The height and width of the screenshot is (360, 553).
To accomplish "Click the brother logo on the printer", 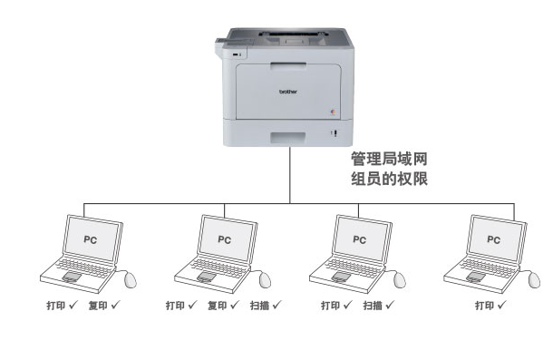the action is click(288, 92).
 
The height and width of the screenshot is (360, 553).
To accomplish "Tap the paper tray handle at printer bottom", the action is click(287, 138).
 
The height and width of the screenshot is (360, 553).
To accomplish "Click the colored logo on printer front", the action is click(333, 112).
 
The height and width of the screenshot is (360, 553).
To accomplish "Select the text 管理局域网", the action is click(389, 159).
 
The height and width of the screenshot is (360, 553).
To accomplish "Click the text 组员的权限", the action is click(389, 179).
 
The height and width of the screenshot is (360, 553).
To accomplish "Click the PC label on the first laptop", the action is click(91, 240).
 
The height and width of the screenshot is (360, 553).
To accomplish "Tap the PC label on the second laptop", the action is click(224, 240).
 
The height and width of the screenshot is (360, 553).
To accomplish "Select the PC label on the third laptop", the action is click(359, 240).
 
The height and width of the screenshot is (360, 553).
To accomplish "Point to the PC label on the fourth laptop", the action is click(493, 240).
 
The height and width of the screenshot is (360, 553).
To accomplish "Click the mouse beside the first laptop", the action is click(131, 280).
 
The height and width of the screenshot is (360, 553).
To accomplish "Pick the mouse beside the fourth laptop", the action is click(534, 280).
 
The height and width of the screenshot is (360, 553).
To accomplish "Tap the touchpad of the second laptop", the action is click(206, 277).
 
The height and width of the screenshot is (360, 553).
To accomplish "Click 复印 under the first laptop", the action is click(98, 306).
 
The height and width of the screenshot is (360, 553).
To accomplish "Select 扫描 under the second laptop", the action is click(259, 306).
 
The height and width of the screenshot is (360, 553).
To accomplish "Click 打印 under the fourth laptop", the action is click(485, 306).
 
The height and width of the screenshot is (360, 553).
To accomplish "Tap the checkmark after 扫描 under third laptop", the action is click(389, 305).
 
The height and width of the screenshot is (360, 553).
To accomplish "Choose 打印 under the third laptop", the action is click(331, 306).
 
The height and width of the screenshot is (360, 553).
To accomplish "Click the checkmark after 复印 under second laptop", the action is click(234, 305).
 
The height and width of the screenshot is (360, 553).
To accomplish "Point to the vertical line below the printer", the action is click(290, 175).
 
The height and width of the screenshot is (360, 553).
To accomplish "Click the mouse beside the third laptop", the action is click(400, 280).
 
